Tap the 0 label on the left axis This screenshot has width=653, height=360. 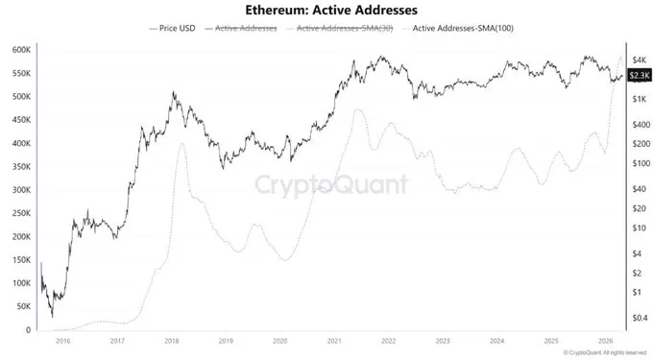click(x=29, y=330)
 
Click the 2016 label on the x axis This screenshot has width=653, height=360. click(x=63, y=341)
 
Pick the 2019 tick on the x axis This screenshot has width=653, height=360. click(x=226, y=341)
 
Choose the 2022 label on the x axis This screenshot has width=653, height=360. click(x=388, y=341)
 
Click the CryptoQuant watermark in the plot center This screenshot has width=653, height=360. click(x=331, y=183)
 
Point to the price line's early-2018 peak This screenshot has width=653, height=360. click(x=173, y=93)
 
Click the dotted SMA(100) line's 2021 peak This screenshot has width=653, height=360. click(x=358, y=109)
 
